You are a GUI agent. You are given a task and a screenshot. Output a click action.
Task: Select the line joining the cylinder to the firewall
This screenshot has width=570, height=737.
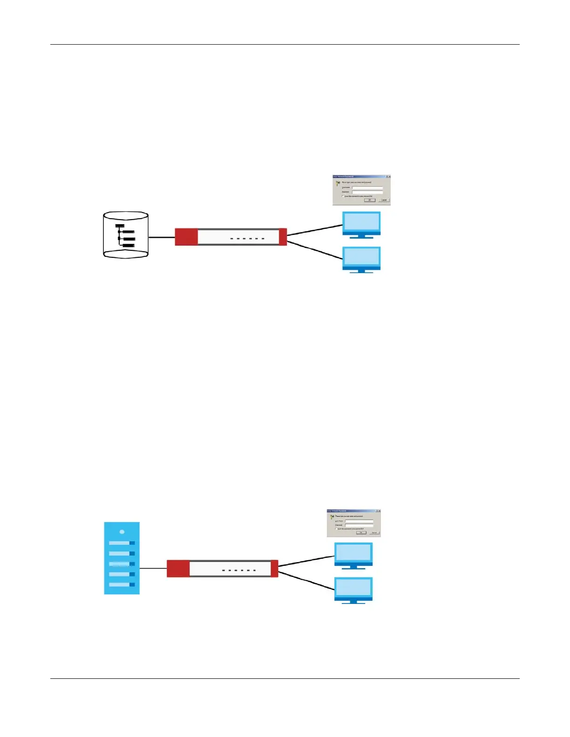(162, 237)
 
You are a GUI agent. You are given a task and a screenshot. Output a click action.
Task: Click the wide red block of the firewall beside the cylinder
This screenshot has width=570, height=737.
(186, 237)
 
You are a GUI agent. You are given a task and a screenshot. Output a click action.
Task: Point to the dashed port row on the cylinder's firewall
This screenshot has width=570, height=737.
(247, 239)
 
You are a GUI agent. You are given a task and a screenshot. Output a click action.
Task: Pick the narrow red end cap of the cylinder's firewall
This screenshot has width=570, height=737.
(283, 237)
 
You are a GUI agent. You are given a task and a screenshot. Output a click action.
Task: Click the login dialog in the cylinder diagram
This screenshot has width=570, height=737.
(361, 190)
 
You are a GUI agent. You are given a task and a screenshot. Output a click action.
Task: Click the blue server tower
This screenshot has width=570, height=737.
(122, 558)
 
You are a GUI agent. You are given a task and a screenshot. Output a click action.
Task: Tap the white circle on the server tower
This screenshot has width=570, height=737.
(122, 531)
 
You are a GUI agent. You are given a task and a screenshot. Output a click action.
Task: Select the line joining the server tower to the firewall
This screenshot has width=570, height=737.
(153, 568)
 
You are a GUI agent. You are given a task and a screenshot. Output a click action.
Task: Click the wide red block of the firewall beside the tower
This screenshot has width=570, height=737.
(178, 569)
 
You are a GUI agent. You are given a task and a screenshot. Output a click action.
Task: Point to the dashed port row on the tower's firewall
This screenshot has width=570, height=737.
(239, 570)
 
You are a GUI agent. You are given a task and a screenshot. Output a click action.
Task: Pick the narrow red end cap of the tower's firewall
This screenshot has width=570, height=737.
(274, 569)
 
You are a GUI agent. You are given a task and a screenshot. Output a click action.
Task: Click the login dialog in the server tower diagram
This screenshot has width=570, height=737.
(354, 523)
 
